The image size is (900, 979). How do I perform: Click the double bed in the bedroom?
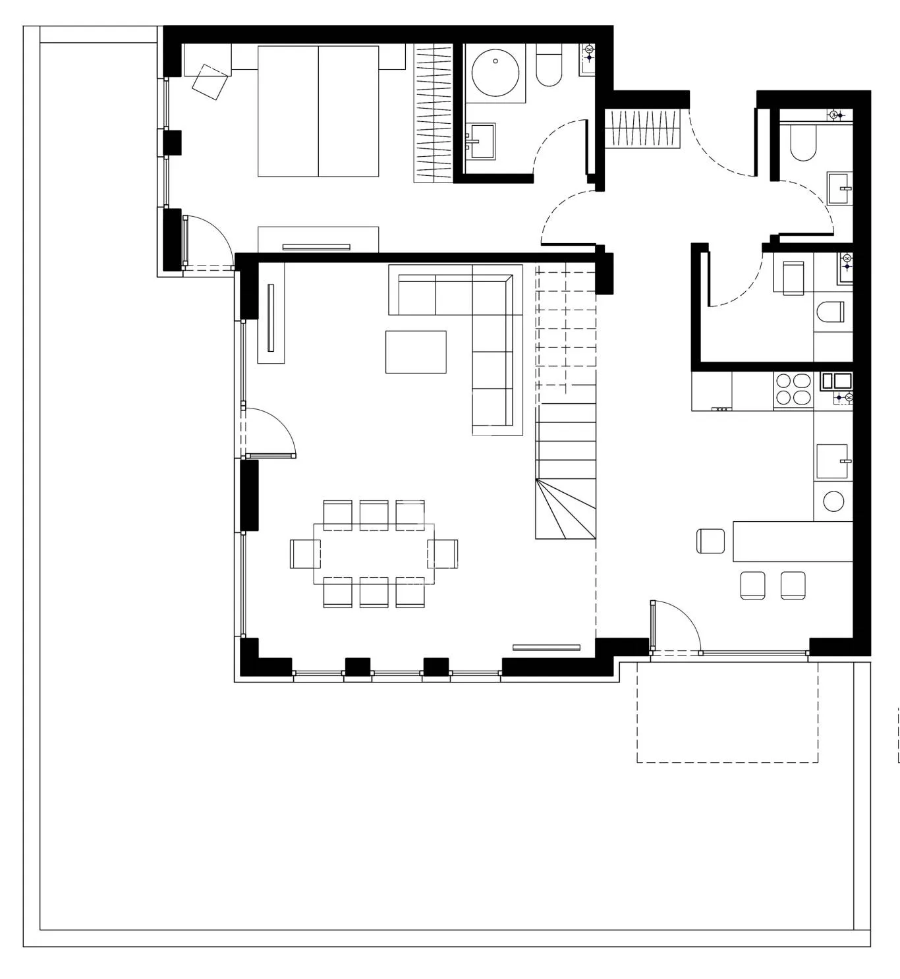click(x=318, y=111)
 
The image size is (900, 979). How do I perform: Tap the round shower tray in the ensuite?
click(x=495, y=73)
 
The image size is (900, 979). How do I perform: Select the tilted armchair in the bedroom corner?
click(x=210, y=82)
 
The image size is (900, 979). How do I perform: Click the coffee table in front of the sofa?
click(x=416, y=352)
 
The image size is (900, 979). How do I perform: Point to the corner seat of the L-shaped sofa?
click(x=492, y=296)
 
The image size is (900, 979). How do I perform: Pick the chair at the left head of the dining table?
click(x=304, y=553)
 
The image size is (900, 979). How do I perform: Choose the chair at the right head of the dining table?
click(x=443, y=553)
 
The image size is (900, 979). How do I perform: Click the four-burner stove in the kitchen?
click(x=793, y=389)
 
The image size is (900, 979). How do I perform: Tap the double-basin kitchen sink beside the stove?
click(x=835, y=381)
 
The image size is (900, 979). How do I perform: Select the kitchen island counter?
click(x=793, y=541)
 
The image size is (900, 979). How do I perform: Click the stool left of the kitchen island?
click(x=710, y=541)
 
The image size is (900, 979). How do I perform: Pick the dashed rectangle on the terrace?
click(x=727, y=712)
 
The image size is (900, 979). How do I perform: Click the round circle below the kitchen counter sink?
click(x=833, y=501)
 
